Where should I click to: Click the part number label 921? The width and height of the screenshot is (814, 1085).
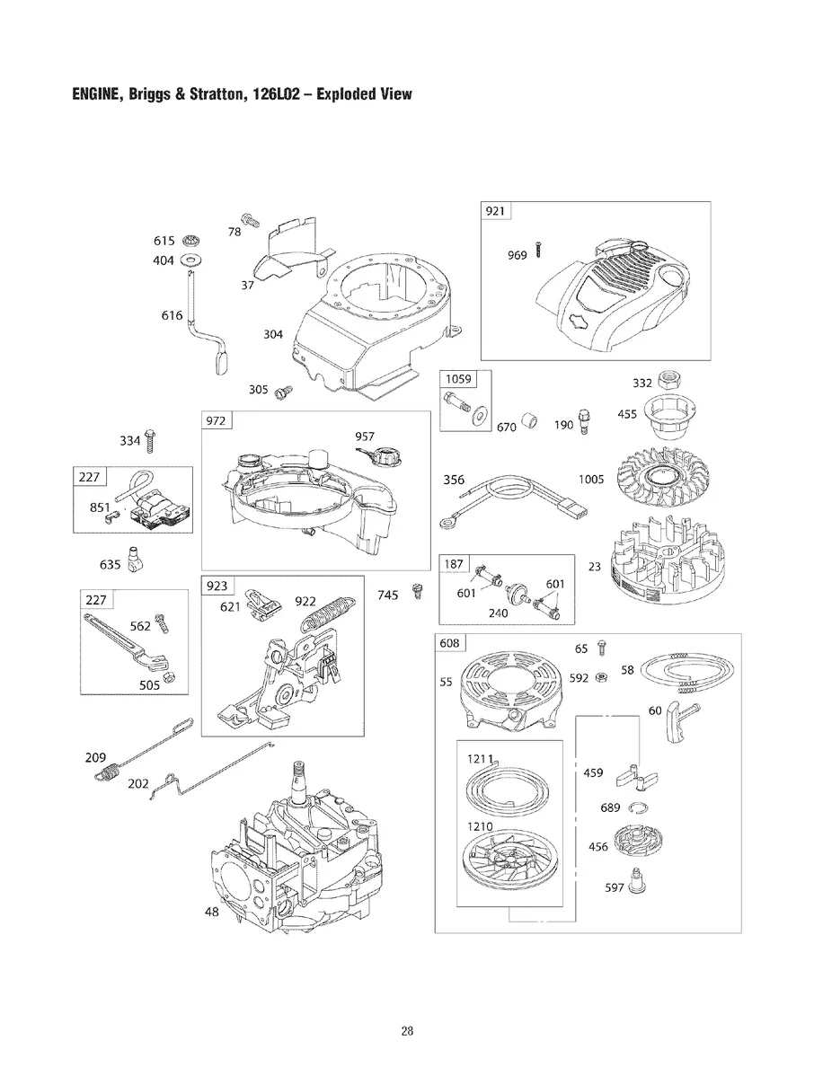[x=495, y=211]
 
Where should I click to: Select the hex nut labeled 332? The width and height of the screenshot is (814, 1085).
[x=668, y=378]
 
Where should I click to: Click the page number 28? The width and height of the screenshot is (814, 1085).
[x=407, y=1030]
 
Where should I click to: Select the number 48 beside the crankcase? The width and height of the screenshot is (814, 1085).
[x=212, y=913]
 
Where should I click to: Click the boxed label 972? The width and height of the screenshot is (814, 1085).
[x=217, y=420]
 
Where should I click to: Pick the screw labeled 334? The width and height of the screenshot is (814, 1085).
[x=160, y=441]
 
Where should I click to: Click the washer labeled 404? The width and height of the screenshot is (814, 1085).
[x=190, y=260]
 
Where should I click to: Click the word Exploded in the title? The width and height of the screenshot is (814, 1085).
[x=331, y=94]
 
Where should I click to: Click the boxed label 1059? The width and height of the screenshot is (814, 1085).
[x=456, y=378]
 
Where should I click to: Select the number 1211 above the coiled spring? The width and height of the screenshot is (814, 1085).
[x=481, y=760]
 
